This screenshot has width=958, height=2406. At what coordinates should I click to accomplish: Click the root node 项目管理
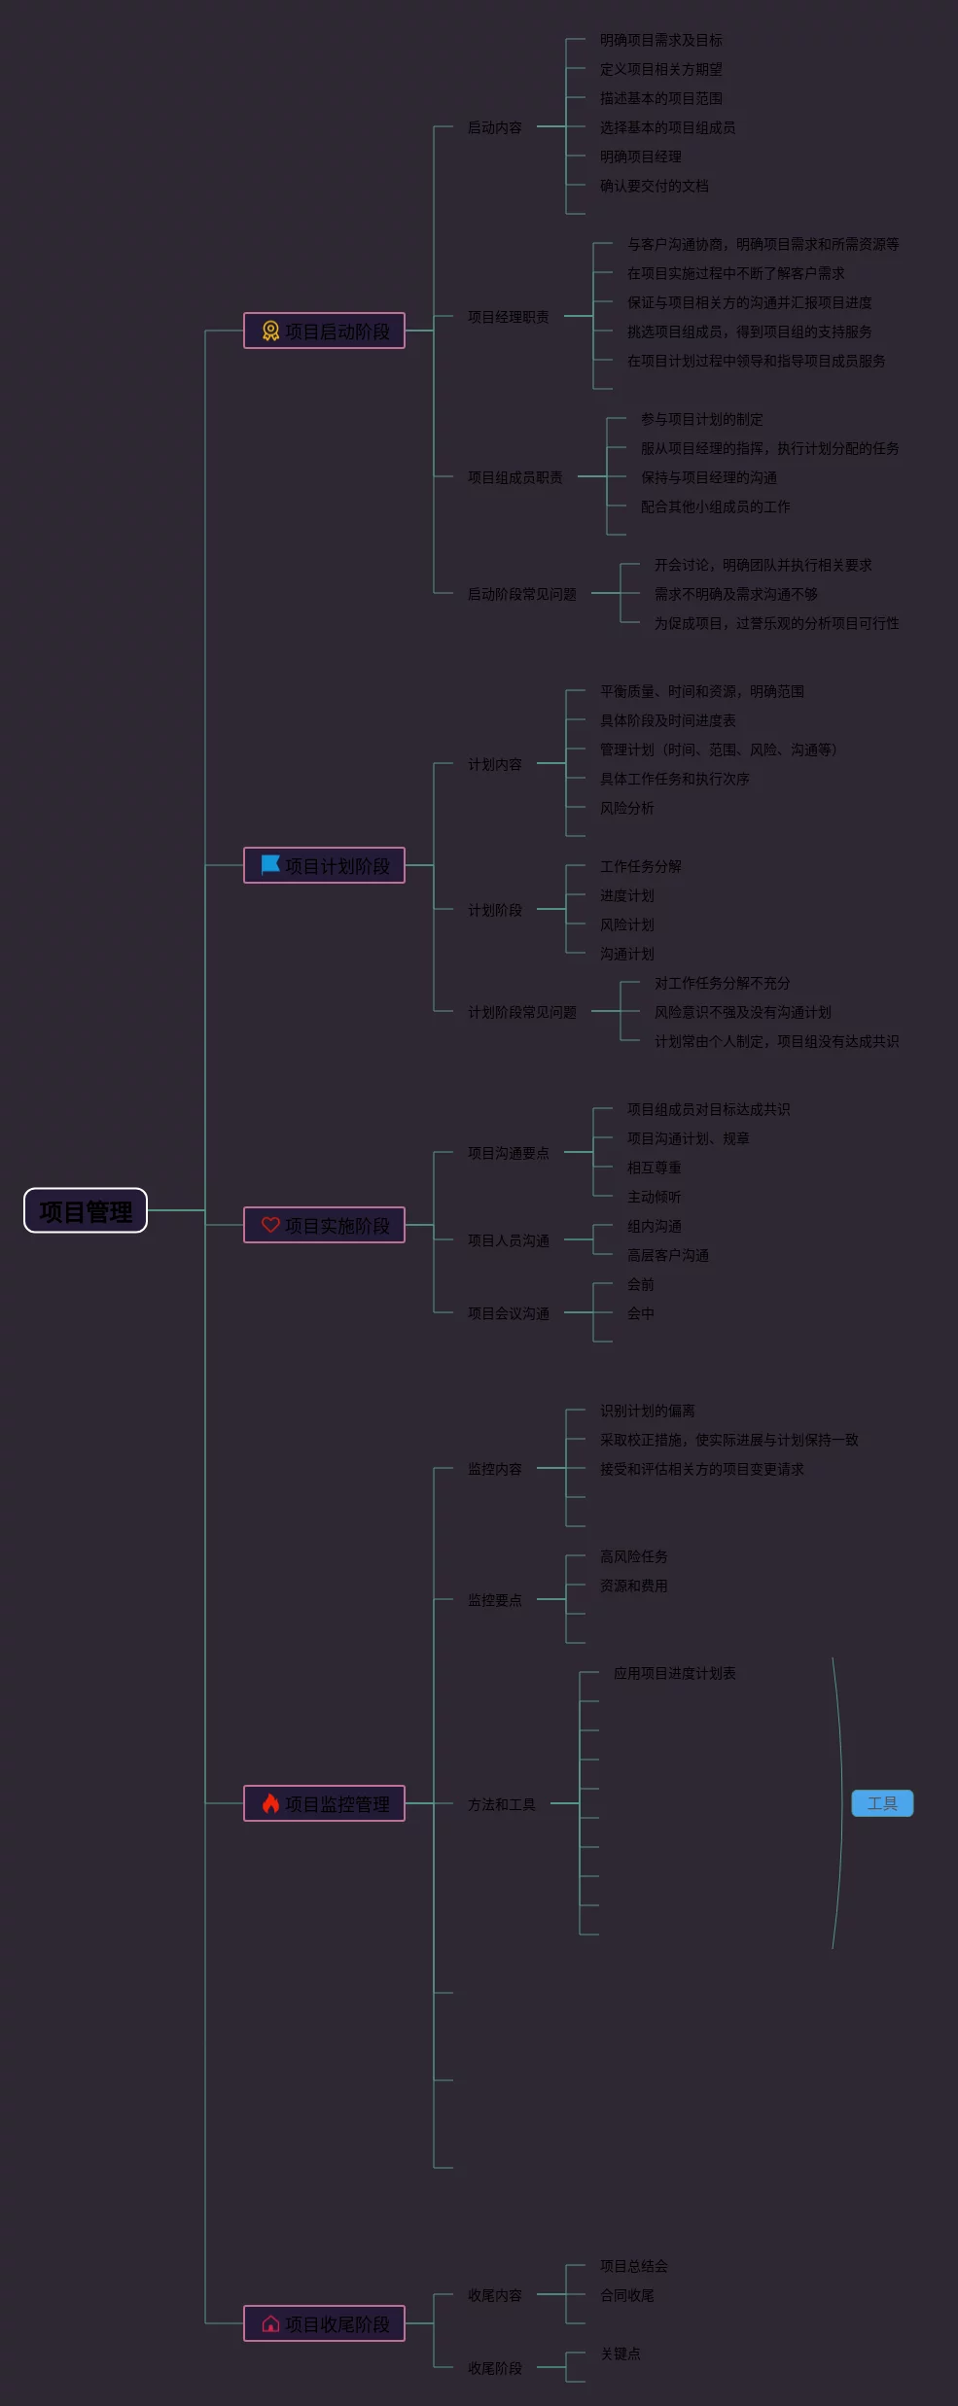coord(86,1211)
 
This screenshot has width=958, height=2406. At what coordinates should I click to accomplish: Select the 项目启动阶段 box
coord(324,331)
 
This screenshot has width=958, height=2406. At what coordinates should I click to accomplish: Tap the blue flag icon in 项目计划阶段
coord(270,864)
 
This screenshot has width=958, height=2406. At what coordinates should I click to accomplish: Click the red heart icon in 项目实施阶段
coord(270,1225)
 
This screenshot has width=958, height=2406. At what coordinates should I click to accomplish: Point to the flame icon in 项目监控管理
coord(270,1803)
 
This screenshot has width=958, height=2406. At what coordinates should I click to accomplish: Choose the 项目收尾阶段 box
coord(324,2323)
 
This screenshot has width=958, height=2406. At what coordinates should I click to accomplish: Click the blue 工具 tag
coord(882,1803)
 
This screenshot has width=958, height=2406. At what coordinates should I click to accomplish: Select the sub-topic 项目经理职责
coord(508,317)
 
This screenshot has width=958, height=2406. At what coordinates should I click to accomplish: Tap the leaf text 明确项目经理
coord(640,157)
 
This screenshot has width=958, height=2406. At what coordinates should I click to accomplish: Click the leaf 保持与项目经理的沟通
coord(708,477)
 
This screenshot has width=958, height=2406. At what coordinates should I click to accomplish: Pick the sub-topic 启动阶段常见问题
coord(521,594)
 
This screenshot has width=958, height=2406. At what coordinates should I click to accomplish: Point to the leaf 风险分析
coord(626,808)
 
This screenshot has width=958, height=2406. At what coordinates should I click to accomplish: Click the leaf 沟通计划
coord(626,954)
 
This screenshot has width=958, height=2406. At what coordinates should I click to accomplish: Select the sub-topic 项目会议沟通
coord(508,1313)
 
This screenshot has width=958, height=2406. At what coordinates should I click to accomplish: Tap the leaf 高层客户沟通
coord(667,1255)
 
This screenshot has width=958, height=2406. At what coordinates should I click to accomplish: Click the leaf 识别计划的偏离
coord(647,1411)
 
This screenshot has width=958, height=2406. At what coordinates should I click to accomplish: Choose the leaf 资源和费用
coord(633,1586)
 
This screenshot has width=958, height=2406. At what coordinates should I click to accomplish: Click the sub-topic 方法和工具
coord(501,1804)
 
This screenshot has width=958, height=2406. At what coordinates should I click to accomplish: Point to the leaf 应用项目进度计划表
coord(674,1673)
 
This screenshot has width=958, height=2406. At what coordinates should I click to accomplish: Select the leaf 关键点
coord(620,2354)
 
